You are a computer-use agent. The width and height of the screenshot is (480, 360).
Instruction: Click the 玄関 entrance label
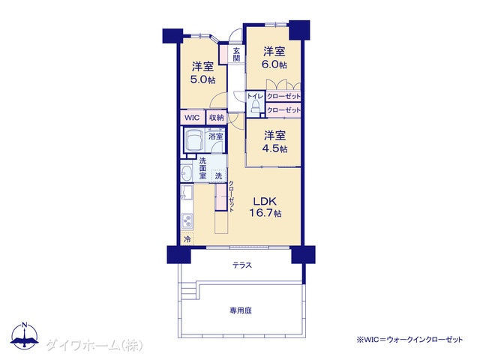point(236,54)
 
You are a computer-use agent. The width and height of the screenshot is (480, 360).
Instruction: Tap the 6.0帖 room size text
point(274,65)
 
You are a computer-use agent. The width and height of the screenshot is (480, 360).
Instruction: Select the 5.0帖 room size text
point(202,80)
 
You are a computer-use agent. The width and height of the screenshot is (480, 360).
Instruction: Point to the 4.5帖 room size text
point(274,148)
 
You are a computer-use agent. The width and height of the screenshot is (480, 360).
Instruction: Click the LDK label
point(265,201)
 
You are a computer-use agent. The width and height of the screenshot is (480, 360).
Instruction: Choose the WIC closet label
point(192,118)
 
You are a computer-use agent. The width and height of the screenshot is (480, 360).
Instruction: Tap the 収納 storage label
point(217,117)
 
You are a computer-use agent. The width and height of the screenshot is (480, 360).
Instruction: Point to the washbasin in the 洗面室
point(186,174)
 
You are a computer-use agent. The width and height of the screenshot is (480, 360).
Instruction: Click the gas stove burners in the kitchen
point(187,220)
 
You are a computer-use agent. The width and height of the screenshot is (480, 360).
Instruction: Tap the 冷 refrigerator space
point(187,238)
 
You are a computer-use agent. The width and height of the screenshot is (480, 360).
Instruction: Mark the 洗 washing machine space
point(218,176)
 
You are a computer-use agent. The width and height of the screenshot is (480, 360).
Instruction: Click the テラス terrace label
point(241,265)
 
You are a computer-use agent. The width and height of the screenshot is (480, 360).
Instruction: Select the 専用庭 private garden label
point(241,310)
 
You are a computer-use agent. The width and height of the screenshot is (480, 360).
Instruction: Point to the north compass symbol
point(25,335)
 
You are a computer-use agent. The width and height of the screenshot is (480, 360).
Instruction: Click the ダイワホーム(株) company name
point(94,346)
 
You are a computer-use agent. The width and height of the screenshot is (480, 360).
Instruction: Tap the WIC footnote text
point(409,340)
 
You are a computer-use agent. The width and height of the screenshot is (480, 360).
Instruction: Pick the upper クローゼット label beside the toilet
point(283,97)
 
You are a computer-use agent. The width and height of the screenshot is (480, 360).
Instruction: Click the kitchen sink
point(187,193)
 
